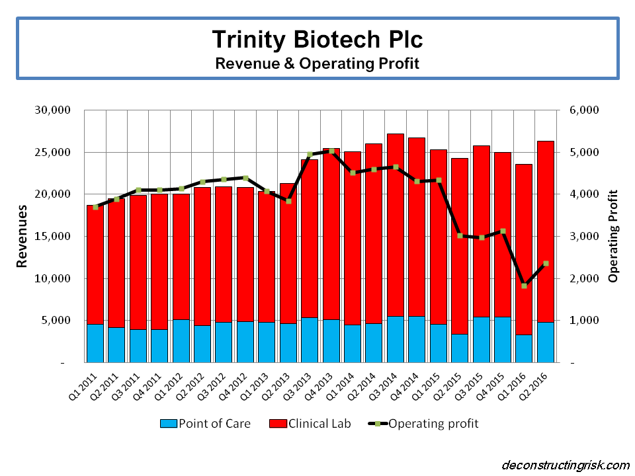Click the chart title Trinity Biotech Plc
317,39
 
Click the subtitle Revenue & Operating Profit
317,63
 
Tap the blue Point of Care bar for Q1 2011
95,343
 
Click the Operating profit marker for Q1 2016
525,286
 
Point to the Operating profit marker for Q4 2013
331,151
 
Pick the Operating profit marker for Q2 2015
460,235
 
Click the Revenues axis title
22,236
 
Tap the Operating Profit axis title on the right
613,236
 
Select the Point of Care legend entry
205,423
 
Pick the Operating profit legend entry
423,423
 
